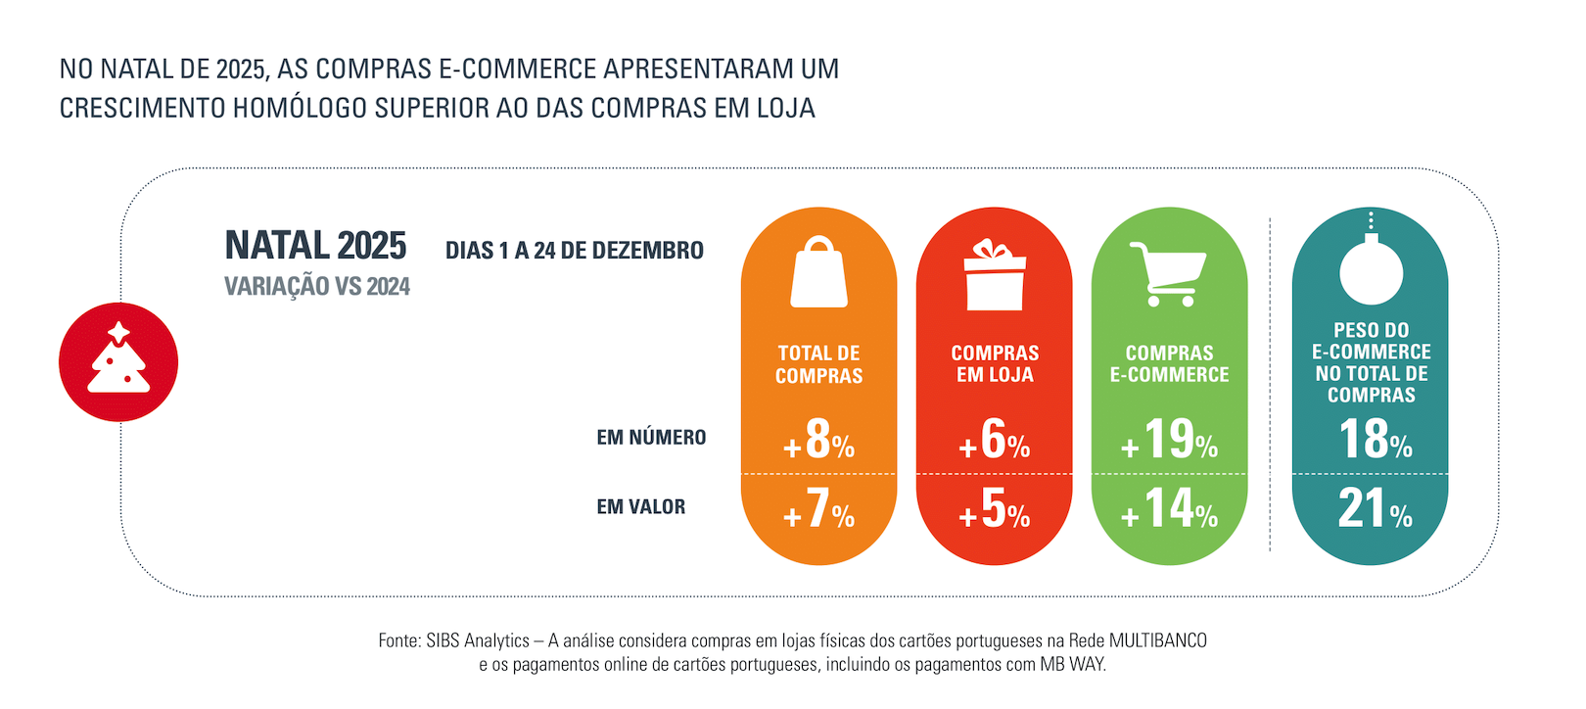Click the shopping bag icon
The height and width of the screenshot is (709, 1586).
point(818,273)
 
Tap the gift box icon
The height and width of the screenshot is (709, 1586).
point(994,276)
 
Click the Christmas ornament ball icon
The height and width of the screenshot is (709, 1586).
point(1371,268)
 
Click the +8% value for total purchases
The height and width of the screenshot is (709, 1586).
point(819,440)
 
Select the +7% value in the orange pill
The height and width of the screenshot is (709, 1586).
point(819,509)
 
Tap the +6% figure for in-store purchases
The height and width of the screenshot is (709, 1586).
point(995,440)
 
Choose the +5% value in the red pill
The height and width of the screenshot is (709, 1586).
point(995,509)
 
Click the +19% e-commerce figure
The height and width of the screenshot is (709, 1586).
point(1170,440)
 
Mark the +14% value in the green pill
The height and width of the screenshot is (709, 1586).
point(1170,509)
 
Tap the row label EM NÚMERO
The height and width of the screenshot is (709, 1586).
point(651,438)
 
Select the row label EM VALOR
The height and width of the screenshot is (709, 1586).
point(641,507)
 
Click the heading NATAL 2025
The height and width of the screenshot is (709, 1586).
point(315,246)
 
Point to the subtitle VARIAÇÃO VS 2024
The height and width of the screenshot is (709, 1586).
point(317,287)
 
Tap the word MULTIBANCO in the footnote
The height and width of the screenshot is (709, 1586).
point(1157,640)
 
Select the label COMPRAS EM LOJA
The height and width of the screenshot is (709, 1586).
point(995,363)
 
